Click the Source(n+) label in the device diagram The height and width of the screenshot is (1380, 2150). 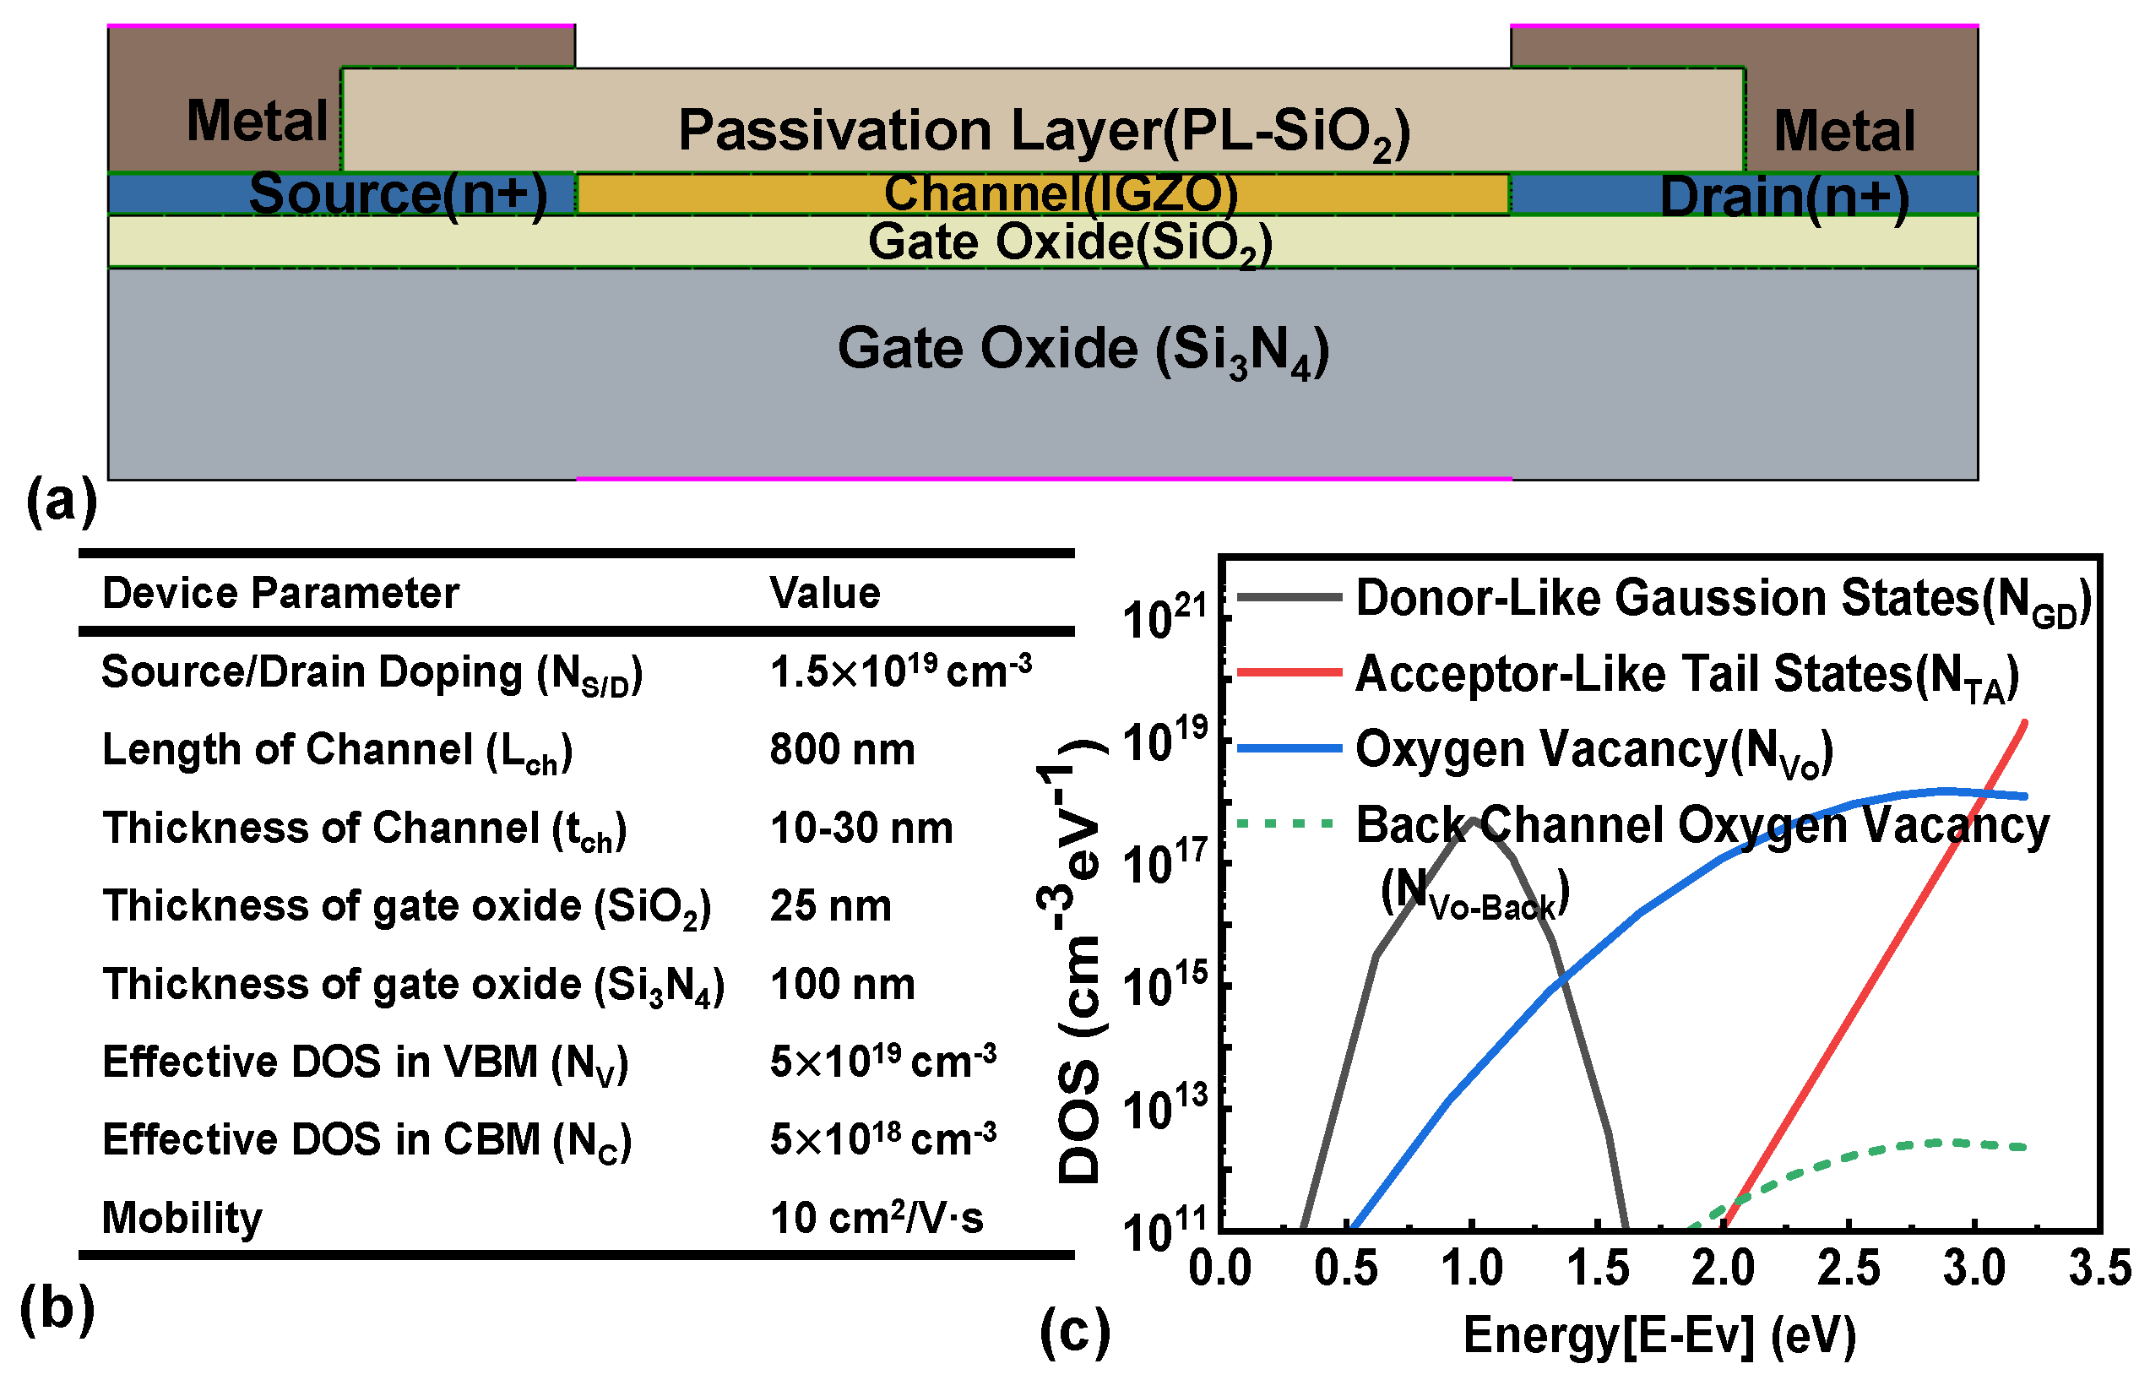[398, 193]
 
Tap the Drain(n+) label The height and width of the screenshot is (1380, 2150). [1784, 197]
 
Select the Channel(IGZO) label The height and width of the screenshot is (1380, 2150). [1061, 193]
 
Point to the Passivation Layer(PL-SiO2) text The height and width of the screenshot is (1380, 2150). [1044, 132]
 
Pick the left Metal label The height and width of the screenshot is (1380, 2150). [257, 121]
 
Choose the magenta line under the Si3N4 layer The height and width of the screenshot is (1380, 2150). [1044, 479]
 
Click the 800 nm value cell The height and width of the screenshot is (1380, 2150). [842, 749]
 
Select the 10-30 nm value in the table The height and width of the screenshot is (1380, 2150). [861, 828]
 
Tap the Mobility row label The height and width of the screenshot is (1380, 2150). [182, 1218]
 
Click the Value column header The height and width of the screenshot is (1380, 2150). [824, 593]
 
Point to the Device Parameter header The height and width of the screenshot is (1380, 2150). [280, 593]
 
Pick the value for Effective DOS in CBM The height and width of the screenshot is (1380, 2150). [882, 1140]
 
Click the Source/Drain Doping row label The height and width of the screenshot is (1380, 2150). [372, 673]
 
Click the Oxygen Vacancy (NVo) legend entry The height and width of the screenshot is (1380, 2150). [1594, 749]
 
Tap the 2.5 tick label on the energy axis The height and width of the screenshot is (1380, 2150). [1848, 1269]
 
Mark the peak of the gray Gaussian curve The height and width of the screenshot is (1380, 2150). [1473, 819]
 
